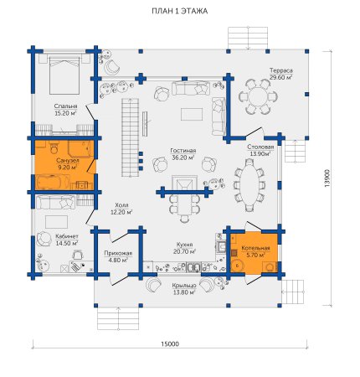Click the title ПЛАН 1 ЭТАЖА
[180, 11]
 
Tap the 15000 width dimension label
[170, 343]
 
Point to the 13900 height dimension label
[327, 178]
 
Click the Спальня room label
[65, 106]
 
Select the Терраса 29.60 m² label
[281, 74]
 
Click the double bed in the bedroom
[64, 75]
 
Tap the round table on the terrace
[258, 96]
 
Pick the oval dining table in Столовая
[249, 184]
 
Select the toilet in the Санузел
[54, 147]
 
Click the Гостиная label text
[183, 151]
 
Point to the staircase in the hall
[130, 137]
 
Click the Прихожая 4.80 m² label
[118, 256]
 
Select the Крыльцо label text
[184, 286]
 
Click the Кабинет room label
[67, 236]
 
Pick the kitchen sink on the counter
[193, 267]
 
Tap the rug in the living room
[192, 115]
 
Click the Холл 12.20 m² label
[121, 209]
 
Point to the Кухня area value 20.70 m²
[184, 251]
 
